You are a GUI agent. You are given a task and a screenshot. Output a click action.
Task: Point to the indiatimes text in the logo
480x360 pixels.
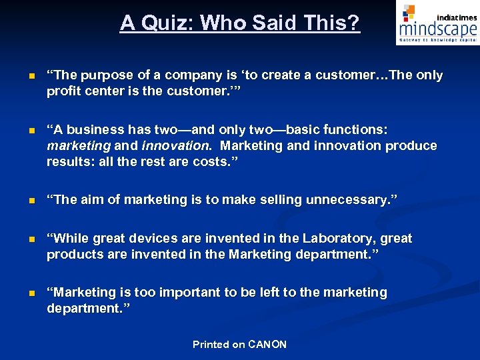(x=455, y=11)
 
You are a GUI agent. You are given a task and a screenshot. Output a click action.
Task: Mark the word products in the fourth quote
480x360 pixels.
(x=73, y=254)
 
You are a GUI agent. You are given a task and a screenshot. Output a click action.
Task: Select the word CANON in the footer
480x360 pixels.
(x=267, y=344)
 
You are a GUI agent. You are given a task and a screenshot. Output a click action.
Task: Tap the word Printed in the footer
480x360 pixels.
(x=211, y=344)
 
